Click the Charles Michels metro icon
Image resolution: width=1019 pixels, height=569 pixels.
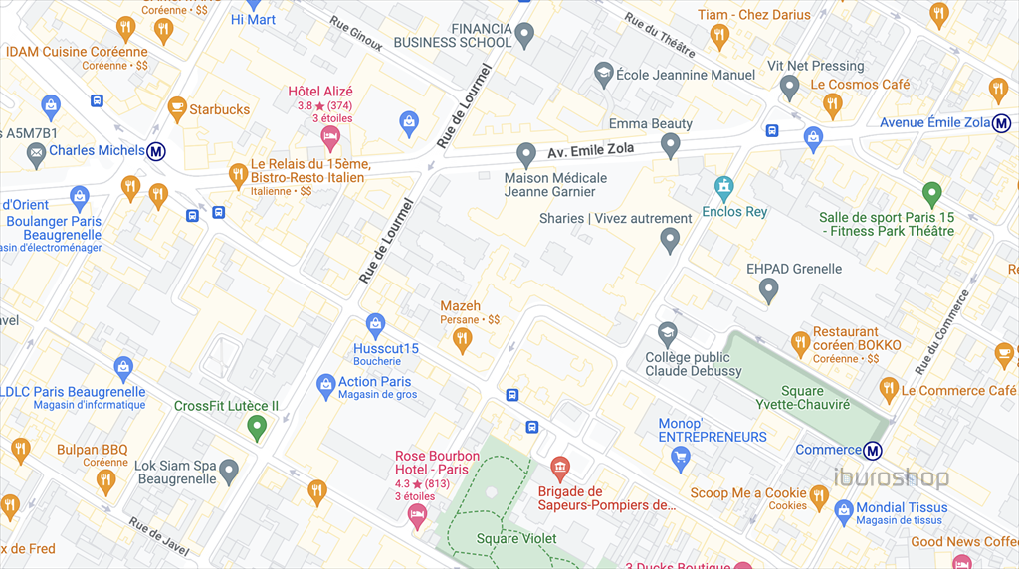pyautogui.click(x=156, y=151)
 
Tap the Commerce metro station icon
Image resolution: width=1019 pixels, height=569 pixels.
pyautogui.click(x=873, y=450)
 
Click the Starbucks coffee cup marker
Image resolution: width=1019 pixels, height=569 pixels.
pyautogui.click(x=176, y=107)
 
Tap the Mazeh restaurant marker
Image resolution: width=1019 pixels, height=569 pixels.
pyautogui.click(x=461, y=340)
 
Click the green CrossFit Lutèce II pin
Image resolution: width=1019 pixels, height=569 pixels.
pyautogui.click(x=256, y=428)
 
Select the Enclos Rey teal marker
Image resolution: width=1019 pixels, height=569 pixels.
pyautogui.click(x=724, y=186)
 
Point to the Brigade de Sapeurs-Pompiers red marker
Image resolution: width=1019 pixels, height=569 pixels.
pyautogui.click(x=559, y=468)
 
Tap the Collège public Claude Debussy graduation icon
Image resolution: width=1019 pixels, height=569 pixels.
pyautogui.click(x=668, y=333)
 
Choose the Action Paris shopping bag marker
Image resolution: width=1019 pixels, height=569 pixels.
pyautogui.click(x=325, y=383)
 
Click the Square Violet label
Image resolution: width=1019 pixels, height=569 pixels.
pyautogui.click(x=515, y=539)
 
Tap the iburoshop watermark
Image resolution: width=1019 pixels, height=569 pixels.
pyautogui.click(x=891, y=478)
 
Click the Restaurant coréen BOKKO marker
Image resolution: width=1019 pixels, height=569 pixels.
pyautogui.click(x=800, y=343)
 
